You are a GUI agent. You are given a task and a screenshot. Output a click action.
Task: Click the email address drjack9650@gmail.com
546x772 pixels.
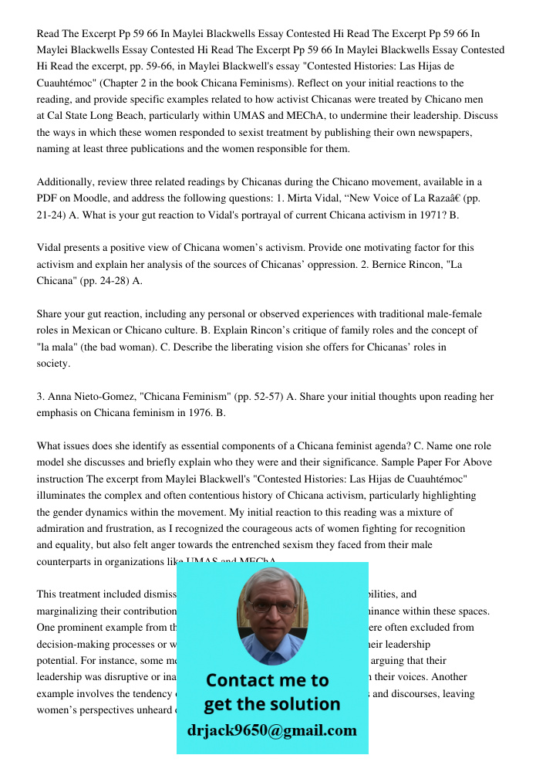pos(271,730)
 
